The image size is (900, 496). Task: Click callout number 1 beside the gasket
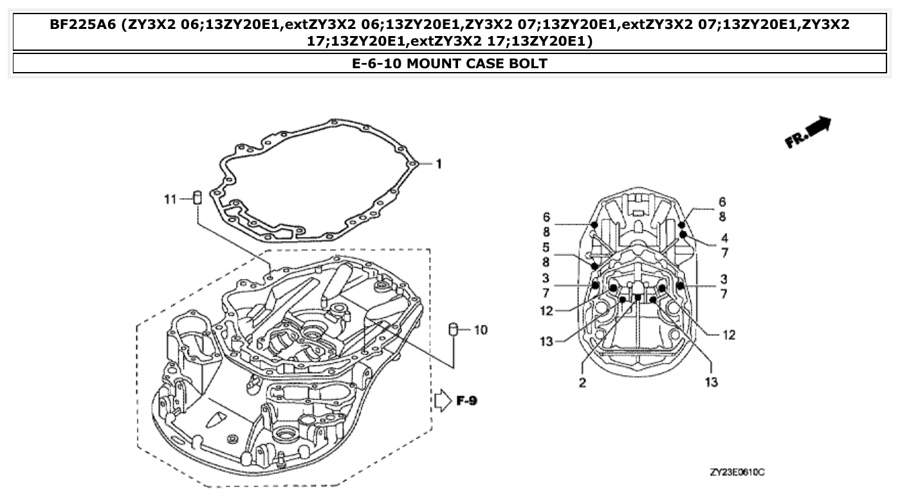click(x=439, y=165)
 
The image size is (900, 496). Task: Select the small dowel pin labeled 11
click(x=198, y=198)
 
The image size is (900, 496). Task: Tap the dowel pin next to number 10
click(x=453, y=330)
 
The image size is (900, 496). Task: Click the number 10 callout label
click(x=481, y=330)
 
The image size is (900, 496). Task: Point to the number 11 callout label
click(x=169, y=200)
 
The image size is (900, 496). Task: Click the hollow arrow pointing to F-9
click(x=443, y=401)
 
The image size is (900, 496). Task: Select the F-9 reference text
click(x=467, y=401)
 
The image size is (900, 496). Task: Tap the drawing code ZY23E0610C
click(x=737, y=473)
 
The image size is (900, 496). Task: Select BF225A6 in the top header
click(x=84, y=25)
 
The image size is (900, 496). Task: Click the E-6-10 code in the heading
click(x=378, y=64)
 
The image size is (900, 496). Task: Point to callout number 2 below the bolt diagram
click(x=582, y=382)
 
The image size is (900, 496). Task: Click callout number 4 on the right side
click(x=724, y=239)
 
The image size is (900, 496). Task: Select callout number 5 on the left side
click(x=546, y=248)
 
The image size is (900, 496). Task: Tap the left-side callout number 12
click(x=546, y=311)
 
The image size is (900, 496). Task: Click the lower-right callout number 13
click(x=712, y=382)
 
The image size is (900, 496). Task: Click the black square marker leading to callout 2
click(x=638, y=297)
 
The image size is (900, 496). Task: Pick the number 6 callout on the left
click(x=546, y=217)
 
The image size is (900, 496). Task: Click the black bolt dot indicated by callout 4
click(x=683, y=235)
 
